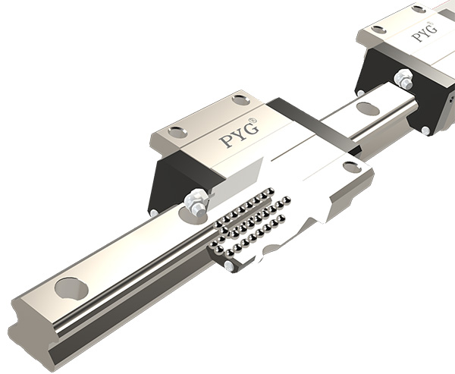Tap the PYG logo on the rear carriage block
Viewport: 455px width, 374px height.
pyautogui.click(x=423, y=33)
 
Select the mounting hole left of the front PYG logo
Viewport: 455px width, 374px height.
pyautogui.click(x=177, y=132)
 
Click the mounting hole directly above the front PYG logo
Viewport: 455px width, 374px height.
pyautogui.click(x=240, y=99)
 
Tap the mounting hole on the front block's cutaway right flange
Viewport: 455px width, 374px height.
pyautogui.click(x=351, y=166)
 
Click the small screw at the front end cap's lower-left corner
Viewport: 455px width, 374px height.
pyautogui.click(x=155, y=214)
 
